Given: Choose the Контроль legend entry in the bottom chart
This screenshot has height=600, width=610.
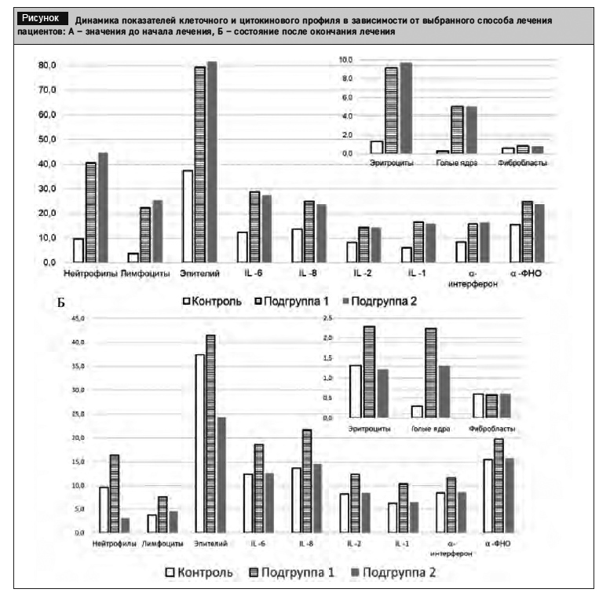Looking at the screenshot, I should [198, 573].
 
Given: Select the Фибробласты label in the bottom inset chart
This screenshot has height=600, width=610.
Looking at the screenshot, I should [491, 429].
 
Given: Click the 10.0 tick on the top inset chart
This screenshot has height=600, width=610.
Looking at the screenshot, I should [345, 60].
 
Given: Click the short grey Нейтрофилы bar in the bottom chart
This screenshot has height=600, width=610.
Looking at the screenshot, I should [125, 525].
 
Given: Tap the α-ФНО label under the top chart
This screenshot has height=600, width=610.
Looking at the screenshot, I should [528, 273].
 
